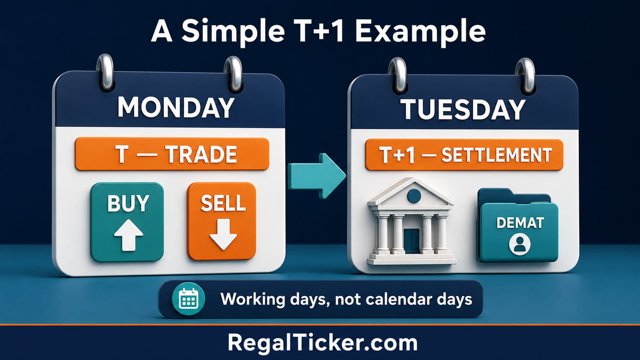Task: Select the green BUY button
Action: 127,222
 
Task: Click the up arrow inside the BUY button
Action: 128,235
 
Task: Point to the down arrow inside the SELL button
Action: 223,234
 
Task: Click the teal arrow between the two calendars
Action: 316,176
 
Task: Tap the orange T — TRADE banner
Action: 172,154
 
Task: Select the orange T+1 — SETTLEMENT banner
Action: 464,155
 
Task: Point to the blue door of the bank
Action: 412,240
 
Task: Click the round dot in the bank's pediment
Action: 414,196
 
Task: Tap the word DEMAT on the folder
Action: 520,223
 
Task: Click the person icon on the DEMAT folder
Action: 520,244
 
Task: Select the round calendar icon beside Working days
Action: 188,299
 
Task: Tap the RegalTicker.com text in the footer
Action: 322,342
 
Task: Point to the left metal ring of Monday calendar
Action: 105,72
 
